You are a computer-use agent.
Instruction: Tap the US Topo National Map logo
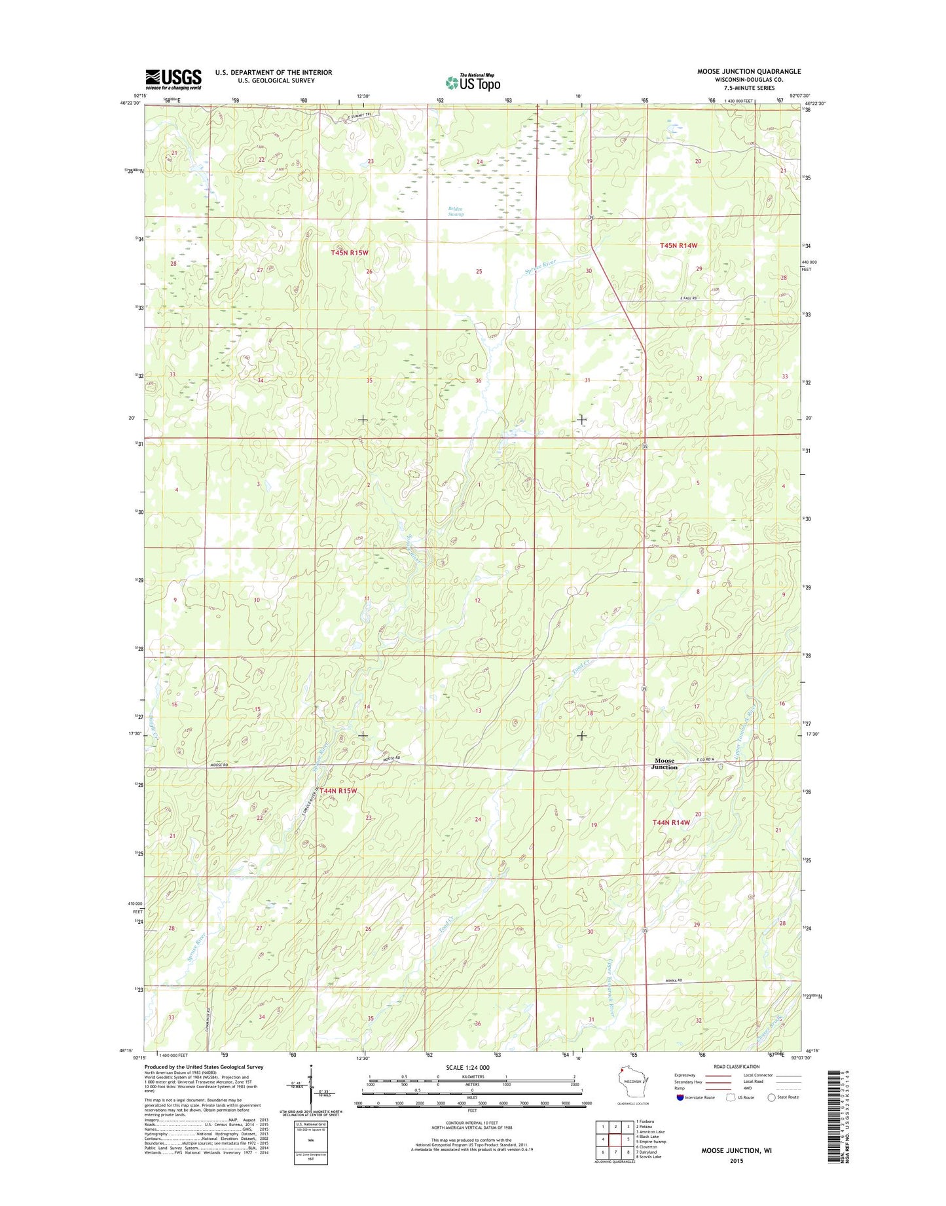click(473, 82)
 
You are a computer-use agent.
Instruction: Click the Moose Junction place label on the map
click(664, 764)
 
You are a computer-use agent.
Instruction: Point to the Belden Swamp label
click(456, 211)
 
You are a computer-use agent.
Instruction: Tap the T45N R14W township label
click(678, 245)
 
